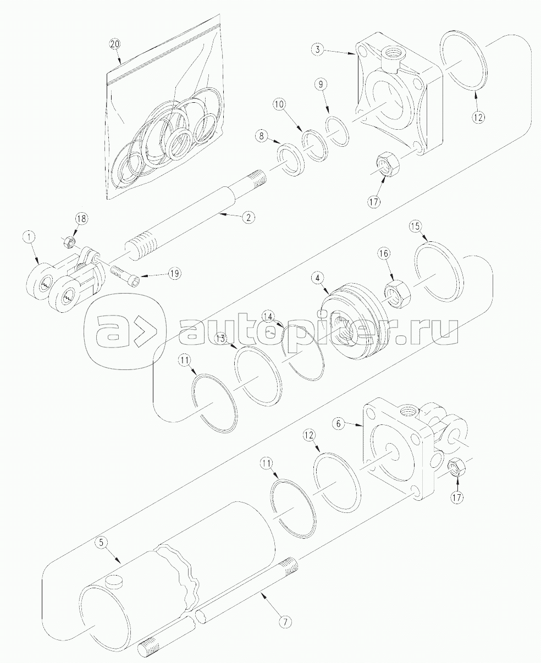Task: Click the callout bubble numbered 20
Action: pyautogui.click(x=114, y=44)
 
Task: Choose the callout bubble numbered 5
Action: pyautogui.click(x=100, y=543)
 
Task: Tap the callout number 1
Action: pyautogui.click(x=29, y=237)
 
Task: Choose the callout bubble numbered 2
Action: pyautogui.click(x=249, y=217)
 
